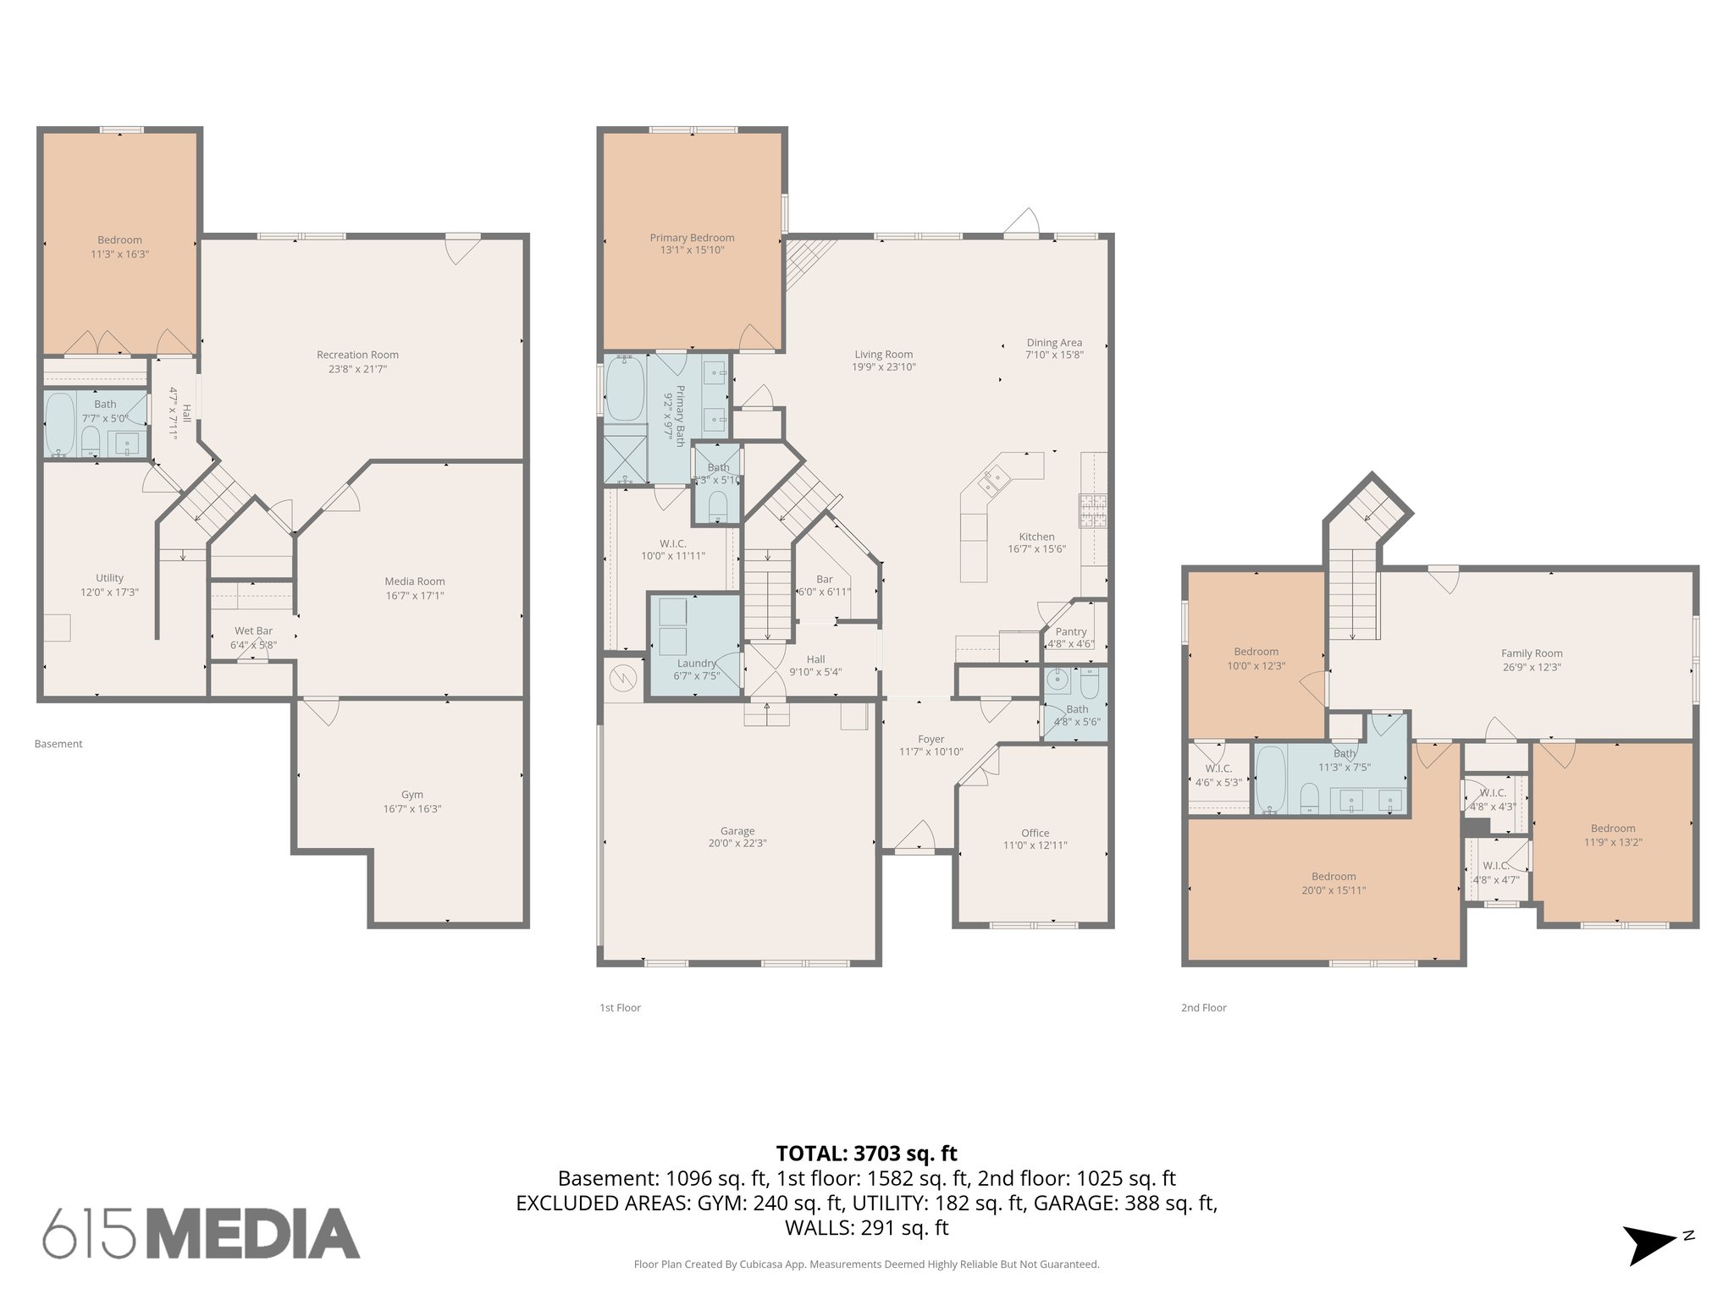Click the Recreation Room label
click(357, 355)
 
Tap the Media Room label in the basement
click(414, 581)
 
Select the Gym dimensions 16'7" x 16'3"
click(412, 809)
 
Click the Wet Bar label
click(253, 631)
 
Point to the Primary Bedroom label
click(692, 238)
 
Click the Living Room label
click(883, 355)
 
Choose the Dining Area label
click(1054, 343)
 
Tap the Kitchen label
click(1036, 537)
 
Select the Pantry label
click(1071, 631)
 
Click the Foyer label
click(931, 739)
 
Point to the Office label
click(1035, 833)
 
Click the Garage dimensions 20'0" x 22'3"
click(737, 844)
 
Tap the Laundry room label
click(697, 664)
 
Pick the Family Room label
click(1532, 653)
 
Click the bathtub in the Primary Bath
click(625, 389)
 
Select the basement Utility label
click(109, 578)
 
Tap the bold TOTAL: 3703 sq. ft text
click(866, 1154)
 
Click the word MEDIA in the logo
click(254, 1234)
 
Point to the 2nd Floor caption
click(1203, 1008)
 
